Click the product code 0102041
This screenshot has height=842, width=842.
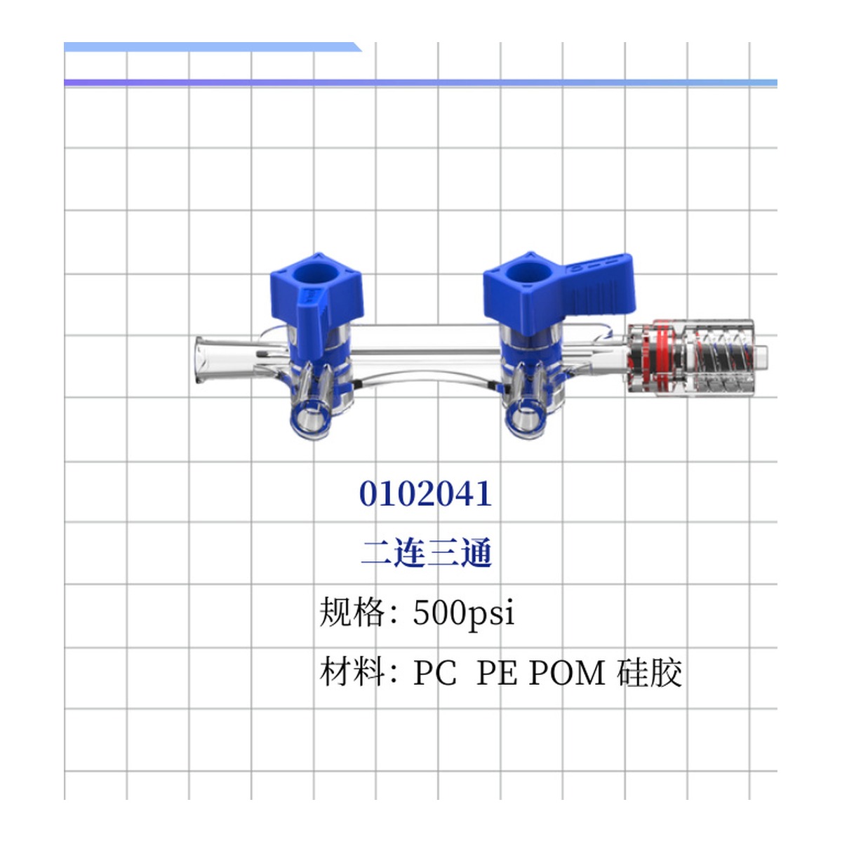click(425, 493)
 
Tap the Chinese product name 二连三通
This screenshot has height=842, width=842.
click(426, 553)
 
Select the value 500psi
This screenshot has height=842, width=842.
click(463, 613)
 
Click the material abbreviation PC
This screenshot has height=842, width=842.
click(434, 673)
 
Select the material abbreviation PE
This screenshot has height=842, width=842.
click(498, 673)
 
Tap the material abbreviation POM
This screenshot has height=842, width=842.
click(567, 673)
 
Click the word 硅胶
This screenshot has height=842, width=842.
click(650, 672)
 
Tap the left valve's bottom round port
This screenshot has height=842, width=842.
click(309, 422)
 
